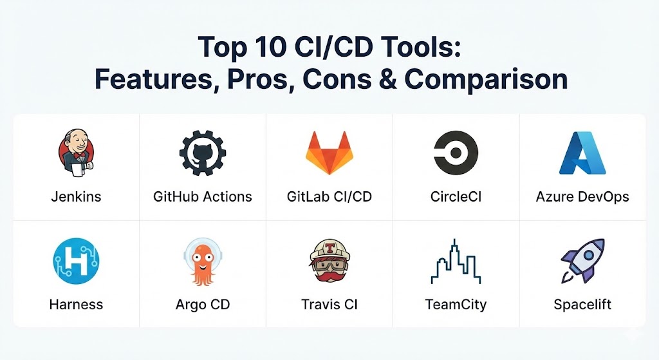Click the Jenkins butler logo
pos(76,153)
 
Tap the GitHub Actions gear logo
pos(203,153)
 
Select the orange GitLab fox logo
pos(329,153)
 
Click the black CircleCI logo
pos(456,153)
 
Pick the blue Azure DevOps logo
pos(582,153)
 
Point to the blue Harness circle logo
pos(76,261)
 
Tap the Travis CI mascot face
pos(329,261)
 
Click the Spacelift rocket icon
pos(582,261)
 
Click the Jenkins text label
pos(76,197)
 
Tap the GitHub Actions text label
pos(203,196)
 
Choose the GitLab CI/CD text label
pos(329,196)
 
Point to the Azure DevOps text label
pos(582,197)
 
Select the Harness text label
pos(76,305)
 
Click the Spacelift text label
pos(582,305)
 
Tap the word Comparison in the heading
pos(486,79)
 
